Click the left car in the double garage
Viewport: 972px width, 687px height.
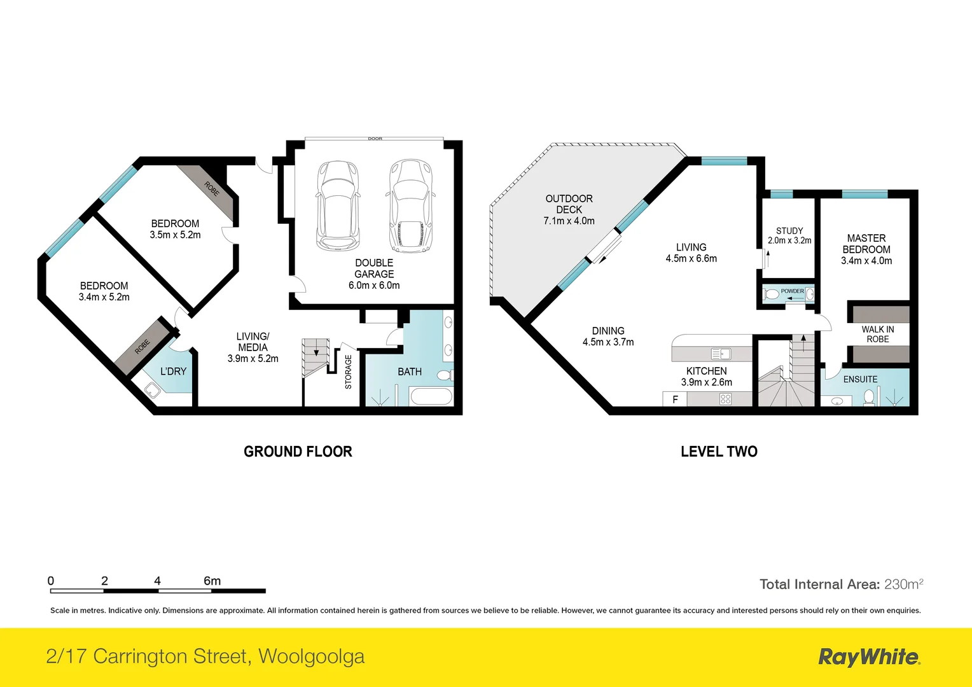point(338,205)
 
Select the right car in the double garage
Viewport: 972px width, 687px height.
point(410,205)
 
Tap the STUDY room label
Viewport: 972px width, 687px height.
point(789,231)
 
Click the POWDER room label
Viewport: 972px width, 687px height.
point(792,291)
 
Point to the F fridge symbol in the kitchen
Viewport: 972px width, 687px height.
point(675,399)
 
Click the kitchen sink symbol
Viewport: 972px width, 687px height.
point(721,354)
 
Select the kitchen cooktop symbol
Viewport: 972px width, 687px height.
point(725,399)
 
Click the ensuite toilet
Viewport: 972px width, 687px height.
point(869,398)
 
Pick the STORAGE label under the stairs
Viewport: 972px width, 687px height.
point(349,372)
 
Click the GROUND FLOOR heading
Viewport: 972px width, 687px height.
point(298,452)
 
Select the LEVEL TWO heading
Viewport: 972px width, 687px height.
point(719,452)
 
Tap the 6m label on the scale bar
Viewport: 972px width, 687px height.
point(212,581)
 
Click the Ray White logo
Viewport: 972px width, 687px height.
point(868,657)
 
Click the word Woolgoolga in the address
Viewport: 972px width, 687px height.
point(311,656)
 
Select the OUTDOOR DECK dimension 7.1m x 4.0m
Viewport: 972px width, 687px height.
point(569,221)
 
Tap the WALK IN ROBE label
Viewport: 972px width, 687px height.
point(878,334)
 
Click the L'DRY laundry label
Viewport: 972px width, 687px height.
point(173,371)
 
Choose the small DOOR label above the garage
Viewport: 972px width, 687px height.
point(375,139)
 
